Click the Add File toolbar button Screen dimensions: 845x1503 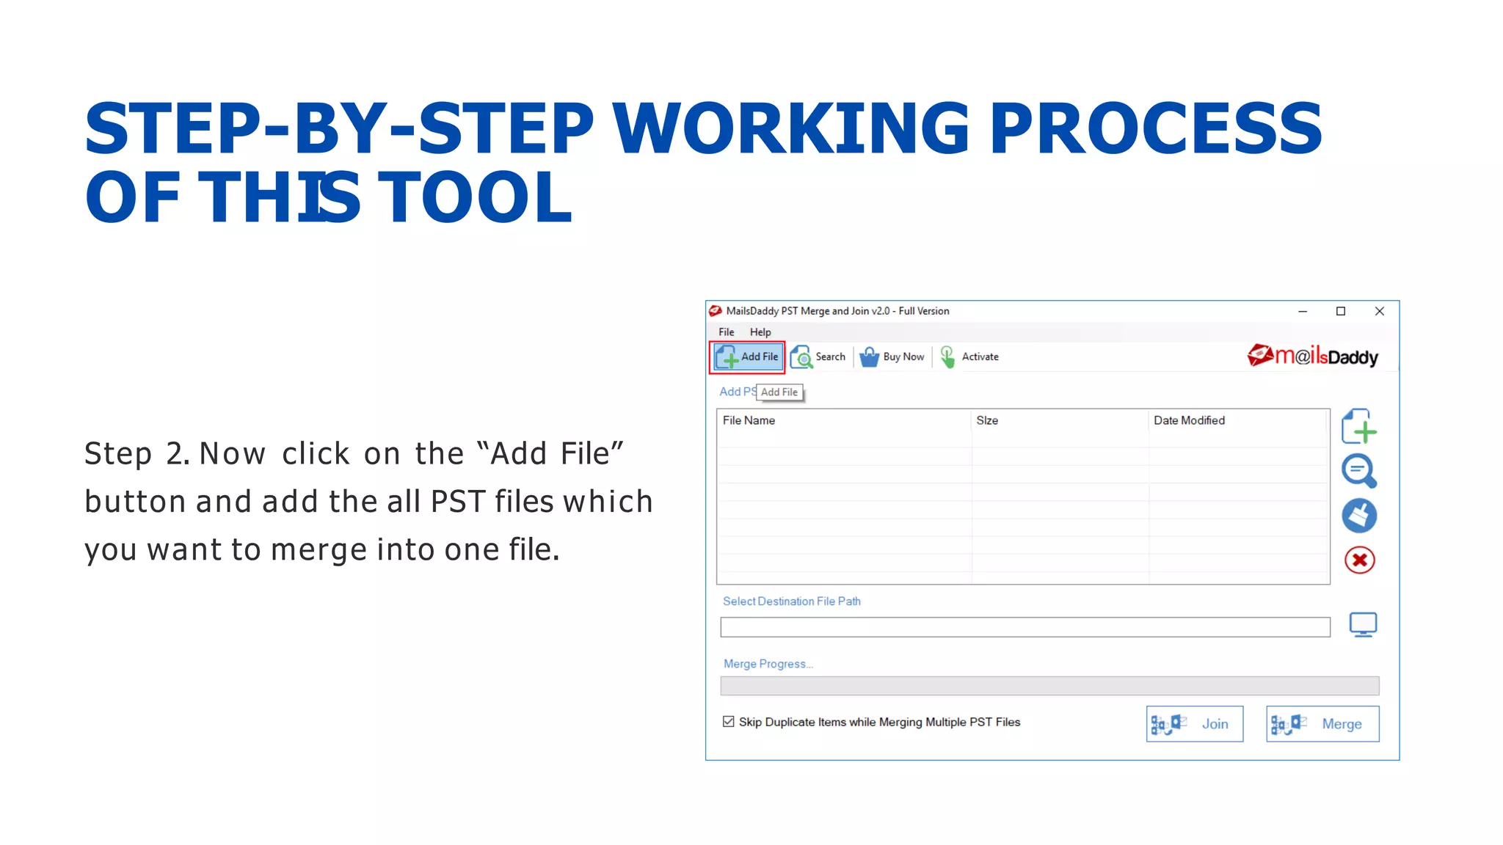point(747,357)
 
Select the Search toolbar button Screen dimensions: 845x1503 point(818,357)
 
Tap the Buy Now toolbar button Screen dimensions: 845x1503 point(892,357)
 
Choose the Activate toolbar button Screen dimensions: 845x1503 point(969,357)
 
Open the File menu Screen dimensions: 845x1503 point(726,332)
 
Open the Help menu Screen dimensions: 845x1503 point(760,332)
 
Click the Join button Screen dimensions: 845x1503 point(1194,724)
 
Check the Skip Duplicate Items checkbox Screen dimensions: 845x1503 point(728,722)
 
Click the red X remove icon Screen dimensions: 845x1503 point(1359,560)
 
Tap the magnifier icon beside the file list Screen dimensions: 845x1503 point(1358,471)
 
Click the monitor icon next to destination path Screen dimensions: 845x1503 point(1363,625)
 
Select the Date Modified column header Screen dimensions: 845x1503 point(1189,420)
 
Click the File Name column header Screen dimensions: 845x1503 point(749,420)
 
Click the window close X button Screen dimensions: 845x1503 point(1379,311)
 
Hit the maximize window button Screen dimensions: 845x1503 point(1340,311)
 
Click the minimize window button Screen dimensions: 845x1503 point(1303,311)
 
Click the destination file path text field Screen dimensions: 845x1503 point(1025,627)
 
